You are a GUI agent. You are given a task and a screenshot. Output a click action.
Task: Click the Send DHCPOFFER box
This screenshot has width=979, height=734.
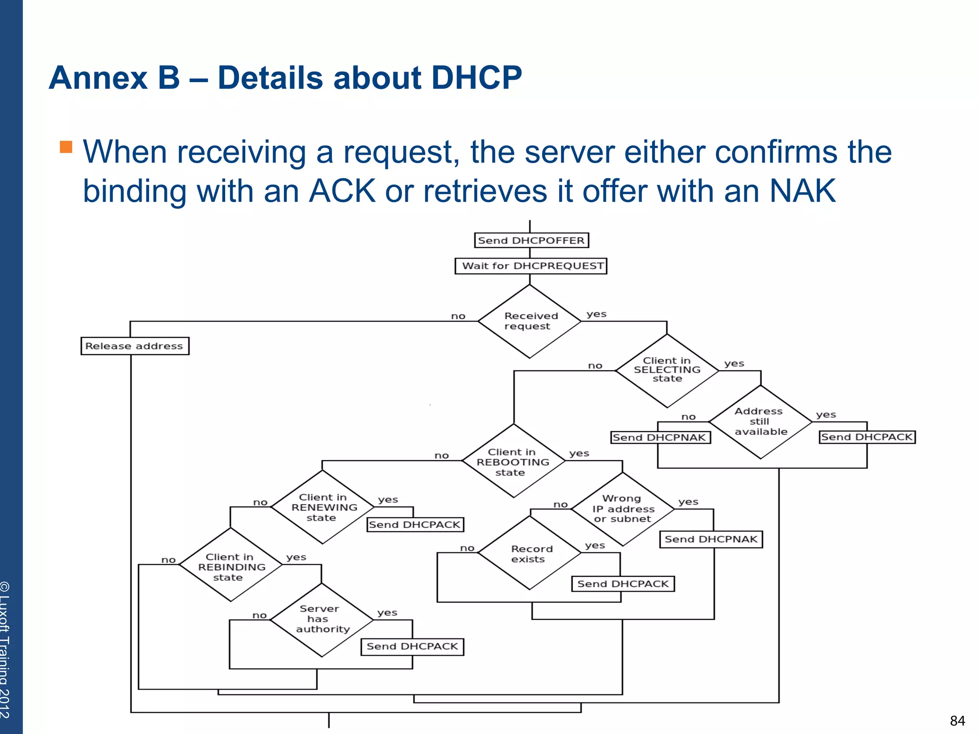click(x=531, y=240)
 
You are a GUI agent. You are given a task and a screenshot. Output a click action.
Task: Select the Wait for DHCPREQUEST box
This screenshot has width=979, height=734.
click(x=531, y=266)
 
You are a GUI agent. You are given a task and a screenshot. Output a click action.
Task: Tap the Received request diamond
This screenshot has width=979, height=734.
click(x=529, y=321)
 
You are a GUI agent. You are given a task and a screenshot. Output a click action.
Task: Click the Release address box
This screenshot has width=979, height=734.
click(x=135, y=346)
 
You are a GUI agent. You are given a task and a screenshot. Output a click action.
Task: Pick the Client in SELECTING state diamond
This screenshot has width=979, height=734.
click(x=667, y=370)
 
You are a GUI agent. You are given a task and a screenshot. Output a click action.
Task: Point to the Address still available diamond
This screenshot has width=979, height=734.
click(x=760, y=422)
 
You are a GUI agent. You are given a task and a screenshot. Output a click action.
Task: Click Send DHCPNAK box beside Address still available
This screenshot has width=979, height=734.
click(x=660, y=437)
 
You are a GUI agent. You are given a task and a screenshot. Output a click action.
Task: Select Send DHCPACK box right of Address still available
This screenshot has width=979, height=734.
click(x=867, y=437)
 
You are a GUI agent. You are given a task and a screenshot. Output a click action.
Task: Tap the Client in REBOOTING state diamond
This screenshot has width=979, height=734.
click(x=513, y=462)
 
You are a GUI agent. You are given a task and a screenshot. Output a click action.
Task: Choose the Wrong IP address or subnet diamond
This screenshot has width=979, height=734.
click(x=622, y=509)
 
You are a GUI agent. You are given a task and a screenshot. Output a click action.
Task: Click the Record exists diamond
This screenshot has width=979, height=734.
click(x=530, y=554)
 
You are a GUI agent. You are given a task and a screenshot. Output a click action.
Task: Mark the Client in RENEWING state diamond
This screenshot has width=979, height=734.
click(x=323, y=507)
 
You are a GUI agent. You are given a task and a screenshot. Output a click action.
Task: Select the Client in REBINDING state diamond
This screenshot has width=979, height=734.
click(x=231, y=567)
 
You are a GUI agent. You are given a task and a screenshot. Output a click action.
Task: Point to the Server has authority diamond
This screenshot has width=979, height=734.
click(x=322, y=619)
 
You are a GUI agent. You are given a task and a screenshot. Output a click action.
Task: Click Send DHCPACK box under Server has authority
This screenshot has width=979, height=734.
click(x=412, y=647)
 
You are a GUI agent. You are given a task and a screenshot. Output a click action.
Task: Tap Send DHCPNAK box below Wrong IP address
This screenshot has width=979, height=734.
click(x=711, y=539)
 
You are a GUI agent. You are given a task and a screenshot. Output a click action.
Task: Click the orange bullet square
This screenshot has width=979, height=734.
click(x=66, y=147)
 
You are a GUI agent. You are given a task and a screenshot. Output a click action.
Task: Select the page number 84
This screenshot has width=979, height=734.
click(x=957, y=721)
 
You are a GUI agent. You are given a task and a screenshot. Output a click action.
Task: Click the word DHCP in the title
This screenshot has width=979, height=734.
click(x=476, y=77)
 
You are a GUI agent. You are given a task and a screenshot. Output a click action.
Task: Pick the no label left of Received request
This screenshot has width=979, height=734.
click(x=458, y=316)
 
